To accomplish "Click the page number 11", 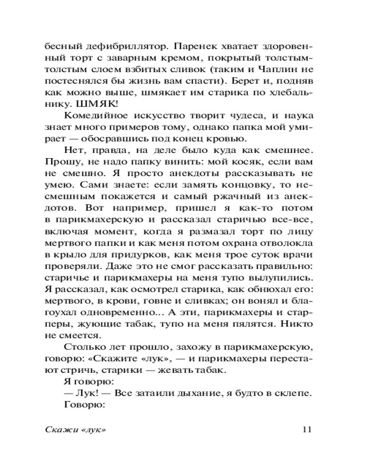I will [305, 429].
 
